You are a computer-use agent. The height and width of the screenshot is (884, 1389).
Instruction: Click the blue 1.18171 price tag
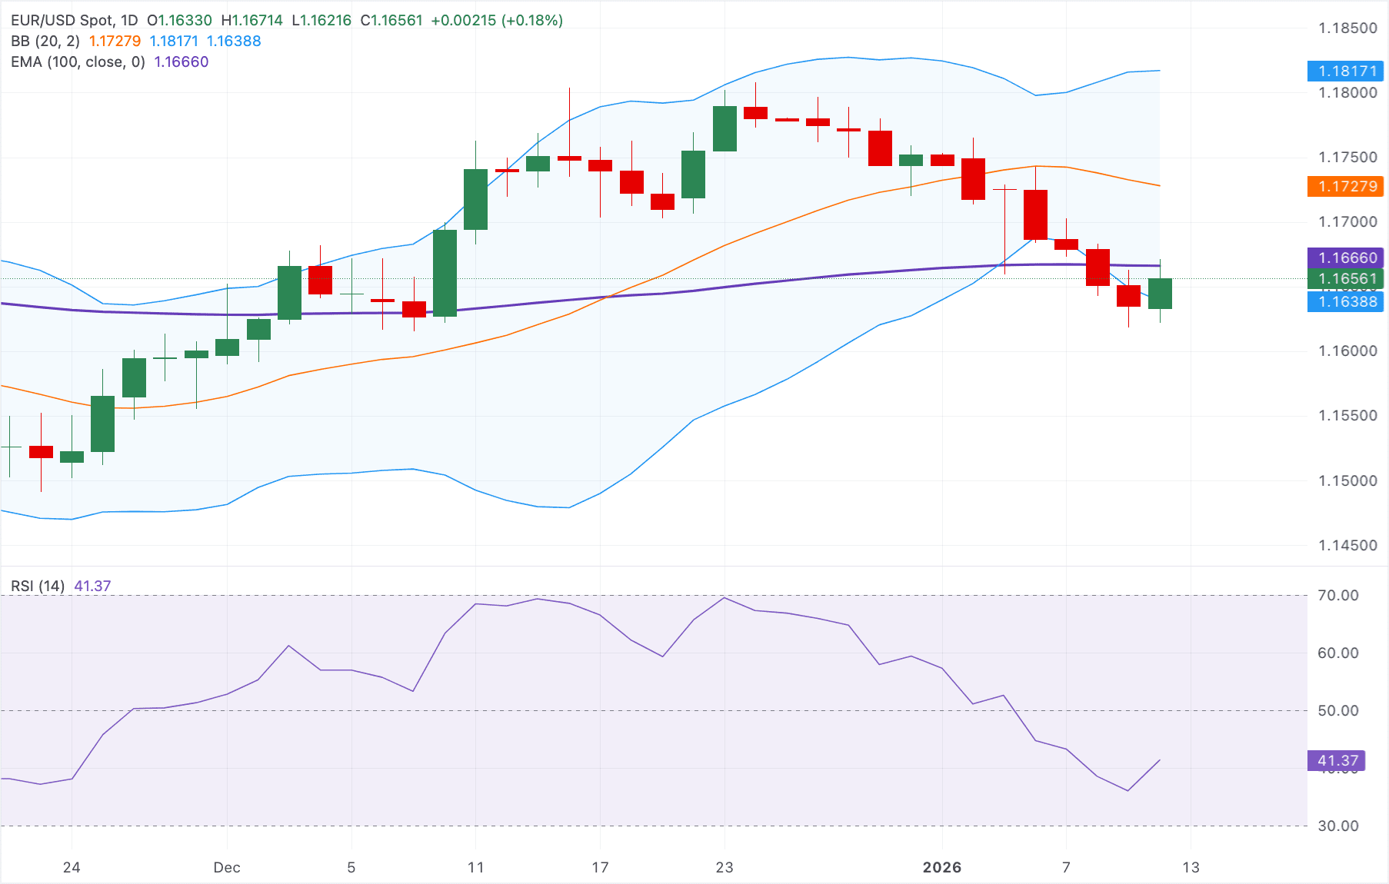coord(1346,71)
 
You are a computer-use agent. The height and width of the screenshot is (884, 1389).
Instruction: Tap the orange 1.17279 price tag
coord(1346,186)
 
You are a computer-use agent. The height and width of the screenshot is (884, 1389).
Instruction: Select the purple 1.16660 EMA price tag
coord(1346,258)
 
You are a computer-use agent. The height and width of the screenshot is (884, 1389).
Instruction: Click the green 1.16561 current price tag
coord(1346,278)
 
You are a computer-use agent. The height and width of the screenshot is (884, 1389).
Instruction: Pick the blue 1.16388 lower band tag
coord(1346,302)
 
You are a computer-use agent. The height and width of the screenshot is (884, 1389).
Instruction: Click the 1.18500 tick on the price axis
coord(1347,28)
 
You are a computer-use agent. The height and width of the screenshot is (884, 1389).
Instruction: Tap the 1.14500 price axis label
coord(1347,546)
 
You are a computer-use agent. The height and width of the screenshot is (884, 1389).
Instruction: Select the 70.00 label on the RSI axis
coord(1337,596)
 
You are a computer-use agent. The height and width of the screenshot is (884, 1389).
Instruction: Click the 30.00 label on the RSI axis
coord(1337,826)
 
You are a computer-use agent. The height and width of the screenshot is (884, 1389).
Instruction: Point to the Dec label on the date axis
coord(227,868)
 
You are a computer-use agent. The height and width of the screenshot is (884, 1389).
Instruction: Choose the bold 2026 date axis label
coord(942,868)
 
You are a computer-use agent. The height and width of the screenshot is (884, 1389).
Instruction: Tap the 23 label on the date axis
coord(724,868)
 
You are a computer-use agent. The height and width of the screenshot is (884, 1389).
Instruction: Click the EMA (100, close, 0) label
coord(78,62)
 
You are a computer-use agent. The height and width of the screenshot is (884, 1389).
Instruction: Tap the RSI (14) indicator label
coord(38,587)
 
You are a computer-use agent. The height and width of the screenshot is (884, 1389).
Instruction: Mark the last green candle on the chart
coord(1160,294)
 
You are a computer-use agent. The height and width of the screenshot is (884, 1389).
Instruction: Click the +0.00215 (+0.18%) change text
coord(497,21)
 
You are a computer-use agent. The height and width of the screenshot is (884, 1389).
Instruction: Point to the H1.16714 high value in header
coord(251,21)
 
